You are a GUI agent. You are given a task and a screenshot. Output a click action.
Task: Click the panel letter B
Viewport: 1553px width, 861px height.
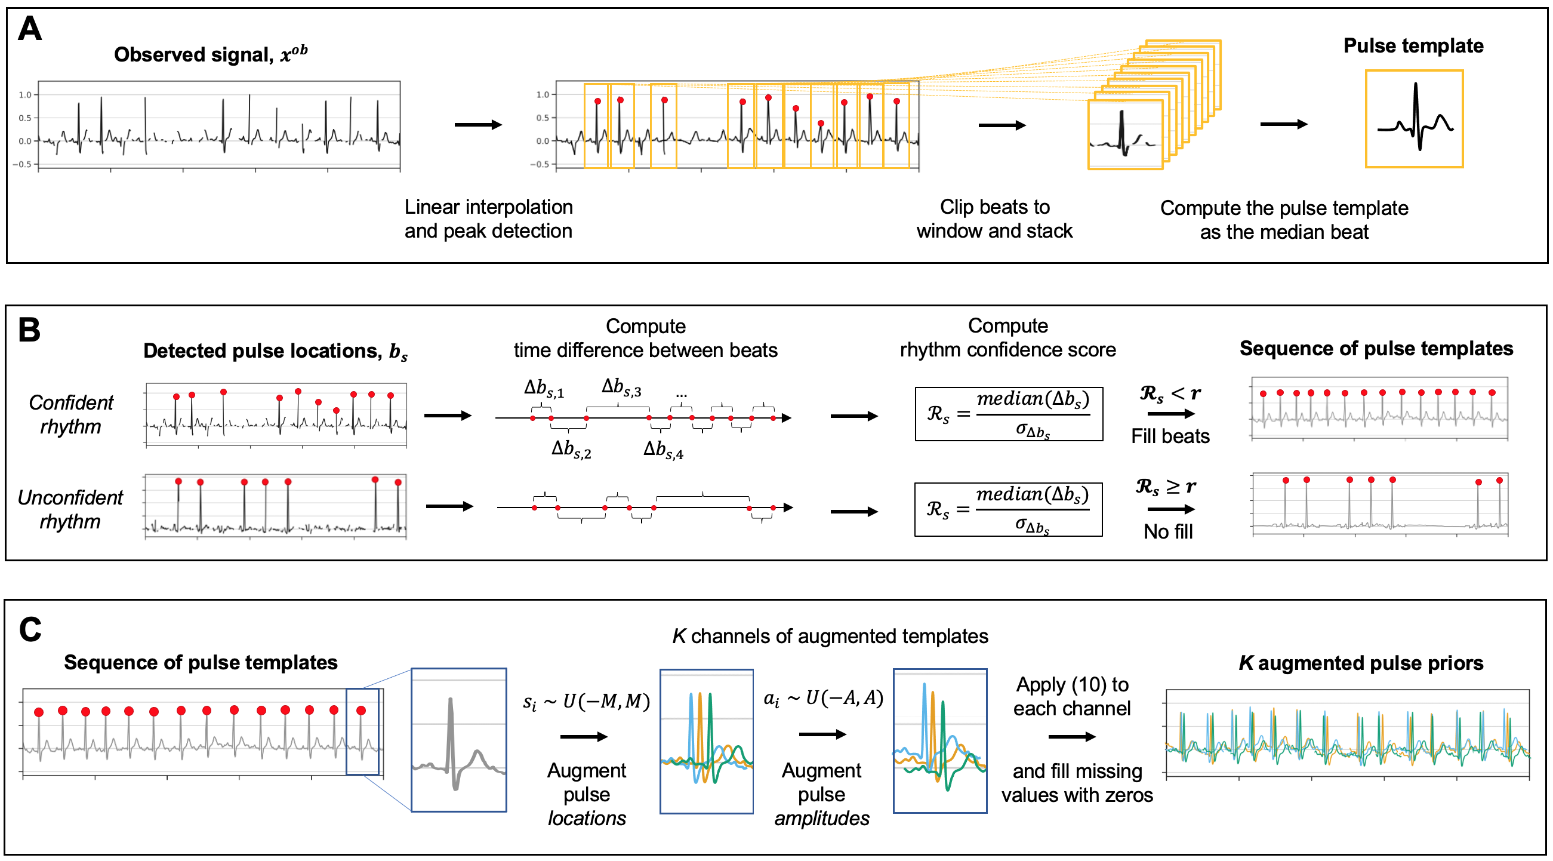pyautogui.click(x=29, y=330)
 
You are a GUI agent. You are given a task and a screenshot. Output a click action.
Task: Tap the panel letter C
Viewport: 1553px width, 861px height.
pyautogui.click(x=30, y=629)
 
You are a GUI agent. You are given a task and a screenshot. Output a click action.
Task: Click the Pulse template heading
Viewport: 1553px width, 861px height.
pyautogui.click(x=1413, y=46)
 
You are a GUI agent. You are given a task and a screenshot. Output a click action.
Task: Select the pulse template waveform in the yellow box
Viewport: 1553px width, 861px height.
pyautogui.click(x=1414, y=119)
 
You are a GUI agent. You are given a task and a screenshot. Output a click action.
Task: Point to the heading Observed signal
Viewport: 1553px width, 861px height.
pyautogui.click(x=211, y=54)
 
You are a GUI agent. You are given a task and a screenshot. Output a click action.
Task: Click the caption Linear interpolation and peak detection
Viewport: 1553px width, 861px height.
pyautogui.click(x=488, y=219)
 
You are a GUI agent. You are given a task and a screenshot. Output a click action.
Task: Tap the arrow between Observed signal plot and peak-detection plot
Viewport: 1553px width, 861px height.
pyautogui.click(x=477, y=125)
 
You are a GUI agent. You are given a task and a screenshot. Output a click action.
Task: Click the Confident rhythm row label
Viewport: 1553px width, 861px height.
pyautogui.click(x=70, y=414)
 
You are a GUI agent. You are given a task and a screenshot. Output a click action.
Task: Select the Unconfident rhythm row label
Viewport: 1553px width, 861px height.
pyautogui.click(x=70, y=509)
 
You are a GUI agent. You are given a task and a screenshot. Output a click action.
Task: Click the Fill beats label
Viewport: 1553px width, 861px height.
pyautogui.click(x=1170, y=436)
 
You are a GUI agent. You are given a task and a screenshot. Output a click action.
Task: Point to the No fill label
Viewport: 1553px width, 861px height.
pyautogui.click(x=1168, y=531)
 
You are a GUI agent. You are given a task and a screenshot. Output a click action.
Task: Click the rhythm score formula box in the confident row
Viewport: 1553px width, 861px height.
pyautogui.click(x=1009, y=414)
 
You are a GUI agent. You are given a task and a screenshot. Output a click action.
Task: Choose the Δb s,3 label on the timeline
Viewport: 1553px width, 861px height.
pyautogui.click(x=621, y=388)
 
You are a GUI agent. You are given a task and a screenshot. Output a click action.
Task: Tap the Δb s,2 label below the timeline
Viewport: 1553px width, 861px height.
pyautogui.click(x=571, y=450)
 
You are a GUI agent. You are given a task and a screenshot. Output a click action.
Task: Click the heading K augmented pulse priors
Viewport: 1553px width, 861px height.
pyautogui.click(x=1361, y=663)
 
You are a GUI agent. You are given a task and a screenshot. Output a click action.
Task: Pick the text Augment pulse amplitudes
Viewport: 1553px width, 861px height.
pyautogui.click(x=821, y=794)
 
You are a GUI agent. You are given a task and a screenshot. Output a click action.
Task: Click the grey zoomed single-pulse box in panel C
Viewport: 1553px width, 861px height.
pyautogui.click(x=459, y=740)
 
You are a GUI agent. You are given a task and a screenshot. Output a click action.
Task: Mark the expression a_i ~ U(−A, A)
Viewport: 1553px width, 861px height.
pyautogui.click(x=823, y=698)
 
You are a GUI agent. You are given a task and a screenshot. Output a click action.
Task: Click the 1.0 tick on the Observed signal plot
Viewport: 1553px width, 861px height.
pyautogui.click(x=24, y=95)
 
